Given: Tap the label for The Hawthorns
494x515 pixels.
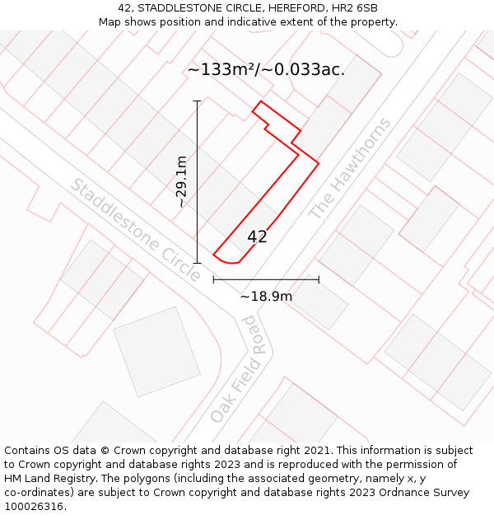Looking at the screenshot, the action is [x=350, y=169].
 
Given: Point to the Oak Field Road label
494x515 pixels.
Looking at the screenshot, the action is [x=240, y=368].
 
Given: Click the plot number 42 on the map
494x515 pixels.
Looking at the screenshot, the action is [x=257, y=236].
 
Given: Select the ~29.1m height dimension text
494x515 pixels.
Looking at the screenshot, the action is [x=181, y=182].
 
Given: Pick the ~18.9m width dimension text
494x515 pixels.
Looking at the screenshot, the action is [x=266, y=297].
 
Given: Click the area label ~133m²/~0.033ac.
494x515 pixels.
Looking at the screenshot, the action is [x=266, y=70].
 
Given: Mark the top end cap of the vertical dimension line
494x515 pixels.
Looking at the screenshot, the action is [x=197, y=101].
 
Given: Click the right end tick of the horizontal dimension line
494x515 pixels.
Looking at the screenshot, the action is [x=319, y=280].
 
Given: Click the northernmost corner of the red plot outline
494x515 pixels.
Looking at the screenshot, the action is [x=261, y=101].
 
